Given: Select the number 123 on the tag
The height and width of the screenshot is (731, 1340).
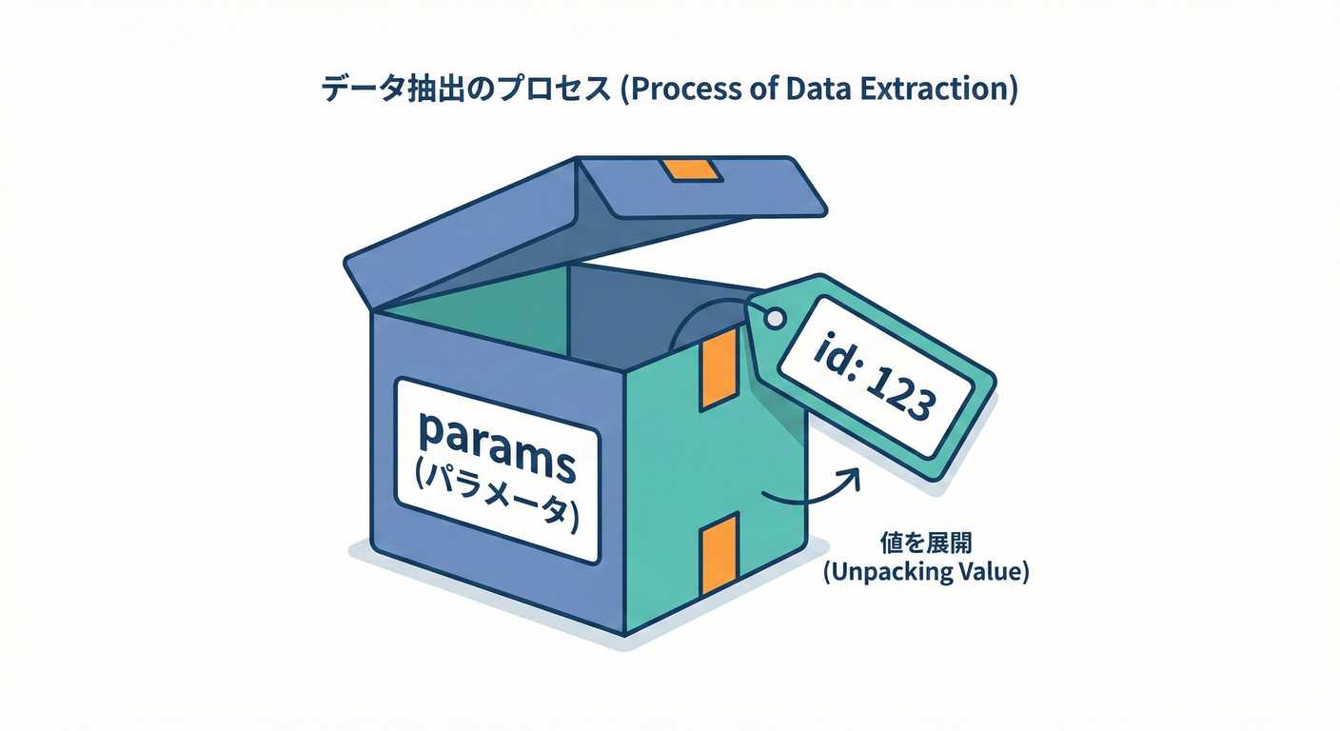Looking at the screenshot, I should click(x=899, y=389).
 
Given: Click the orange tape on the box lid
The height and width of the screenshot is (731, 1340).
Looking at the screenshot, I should click(x=692, y=170).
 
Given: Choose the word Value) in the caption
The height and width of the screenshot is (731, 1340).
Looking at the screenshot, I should click(x=995, y=574).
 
